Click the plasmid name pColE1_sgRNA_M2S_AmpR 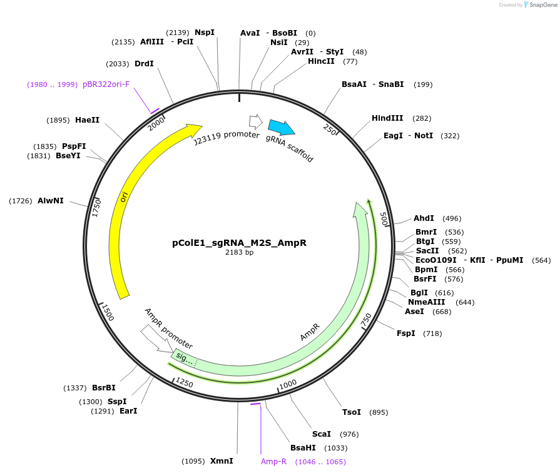[x=239, y=243]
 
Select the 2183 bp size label [x=239, y=253]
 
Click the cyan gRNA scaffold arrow [x=281, y=127]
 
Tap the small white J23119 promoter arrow [x=255, y=121]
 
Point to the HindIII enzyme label [x=389, y=118]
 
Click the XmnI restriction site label [x=221, y=461]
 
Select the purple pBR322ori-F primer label [x=106, y=84]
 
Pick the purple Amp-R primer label [x=273, y=462]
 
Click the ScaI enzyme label [x=321, y=434]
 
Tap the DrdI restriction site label [x=144, y=64]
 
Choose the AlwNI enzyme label [x=51, y=201]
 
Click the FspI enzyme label [x=405, y=333]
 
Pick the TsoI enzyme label [x=352, y=412]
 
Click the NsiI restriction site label [x=278, y=43]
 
